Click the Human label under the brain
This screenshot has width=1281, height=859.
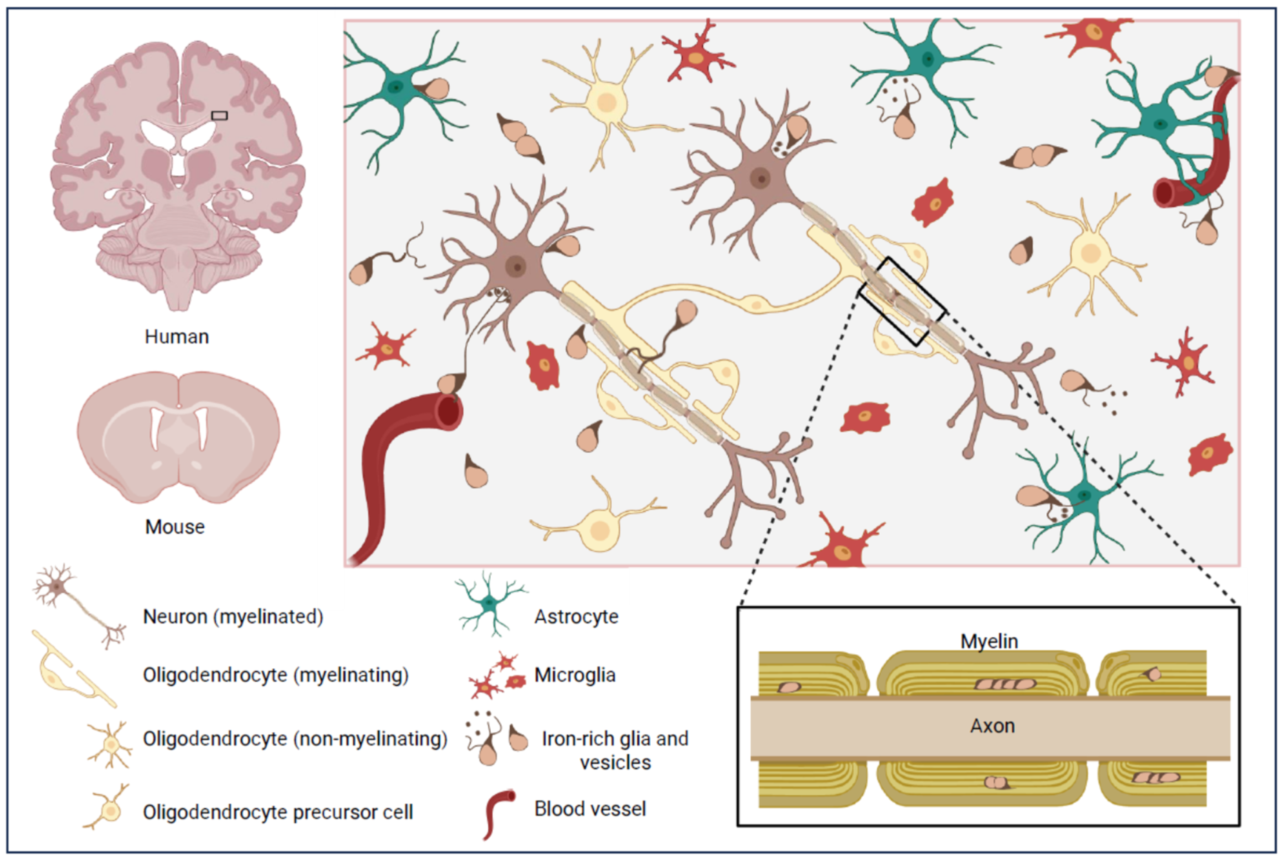tap(177, 337)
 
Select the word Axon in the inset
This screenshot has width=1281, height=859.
tap(992, 726)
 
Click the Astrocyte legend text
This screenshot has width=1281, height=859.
tap(576, 617)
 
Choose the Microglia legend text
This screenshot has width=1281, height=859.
tap(575, 675)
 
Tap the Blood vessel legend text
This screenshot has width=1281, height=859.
tap(590, 809)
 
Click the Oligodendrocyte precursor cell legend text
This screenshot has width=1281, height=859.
tap(278, 812)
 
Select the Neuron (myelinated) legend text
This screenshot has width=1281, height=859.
tap(233, 617)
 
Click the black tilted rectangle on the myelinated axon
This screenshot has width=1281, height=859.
tap(901, 301)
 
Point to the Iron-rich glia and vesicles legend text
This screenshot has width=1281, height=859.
tap(615, 750)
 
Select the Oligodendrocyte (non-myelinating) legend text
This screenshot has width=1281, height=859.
tap(295, 739)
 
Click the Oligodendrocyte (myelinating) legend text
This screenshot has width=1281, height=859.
tap(275, 675)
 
